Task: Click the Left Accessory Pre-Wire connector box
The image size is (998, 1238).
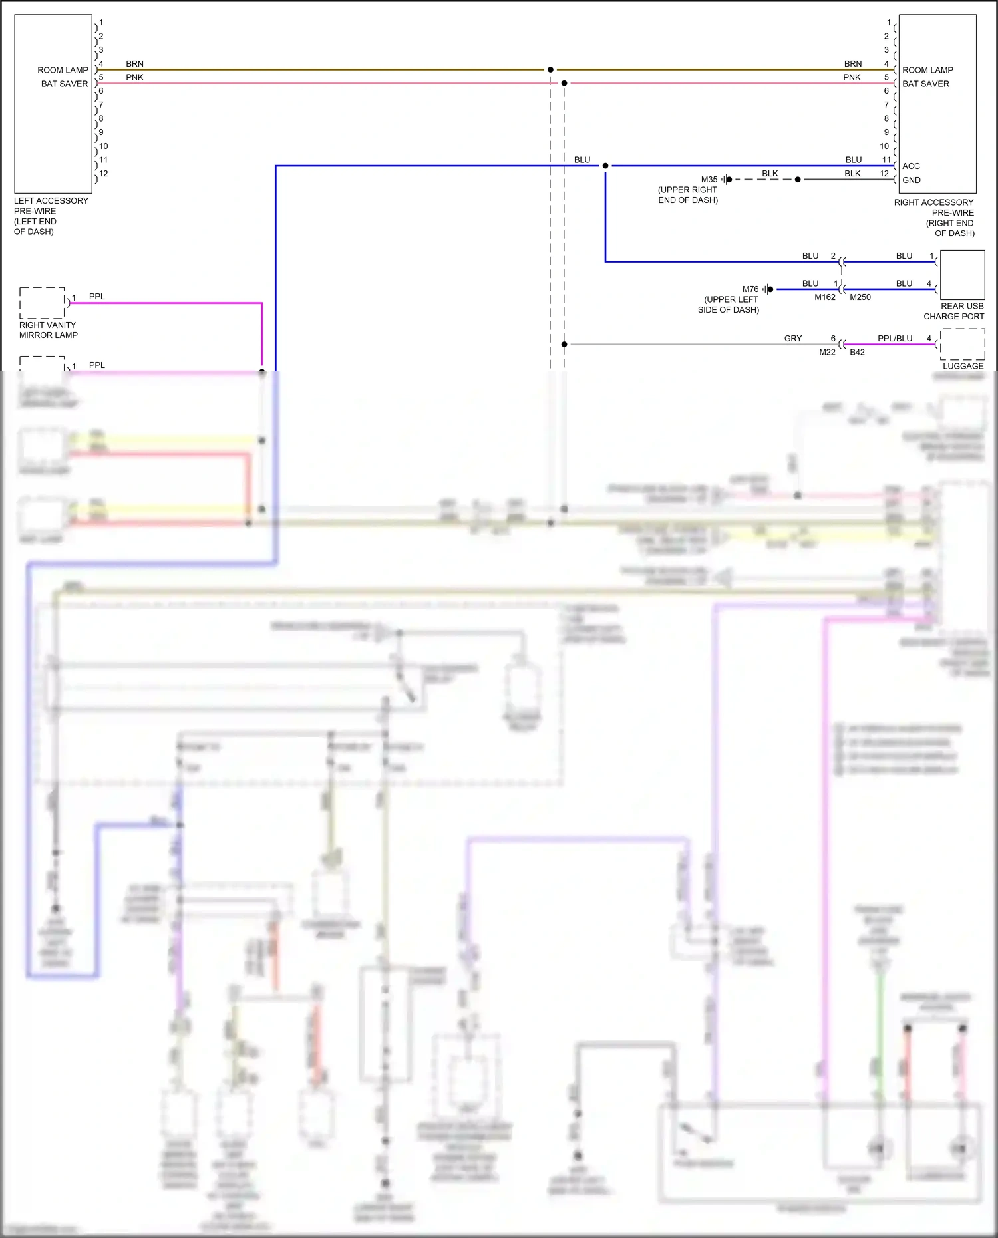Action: pyautogui.click(x=53, y=103)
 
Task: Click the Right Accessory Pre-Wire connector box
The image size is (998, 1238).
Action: pyautogui.click(x=937, y=103)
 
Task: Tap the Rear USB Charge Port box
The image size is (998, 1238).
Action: pyautogui.click(x=961, y=275)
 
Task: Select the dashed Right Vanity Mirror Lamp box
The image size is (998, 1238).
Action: pyautogui.click(x=42, y=303)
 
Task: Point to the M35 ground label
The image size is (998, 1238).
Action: pyautogui.click(x=709, y=180)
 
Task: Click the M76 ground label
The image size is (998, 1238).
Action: pyautogui.click(x=750, y=289)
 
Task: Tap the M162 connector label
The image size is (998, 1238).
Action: pyautogui.click(x=825, y=297)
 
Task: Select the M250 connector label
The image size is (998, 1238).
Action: pyautogui.click(x=860, y=297)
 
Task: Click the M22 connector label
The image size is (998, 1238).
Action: pyautogui.click(x=827, y=352)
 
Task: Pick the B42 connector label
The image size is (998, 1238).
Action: pyautogui.click(x=858, y=352)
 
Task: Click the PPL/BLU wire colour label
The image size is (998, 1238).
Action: pyautogui.click(x=895, y=339)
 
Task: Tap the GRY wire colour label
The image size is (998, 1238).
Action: pyautogui.click(x=793, y=339)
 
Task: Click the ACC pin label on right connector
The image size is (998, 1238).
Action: pyautogui.click(x=911, y=166)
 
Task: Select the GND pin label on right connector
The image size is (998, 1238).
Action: pyautogui.click(x=912, y=180)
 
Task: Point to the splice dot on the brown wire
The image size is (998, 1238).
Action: pyautogui.click(x=550, y=69)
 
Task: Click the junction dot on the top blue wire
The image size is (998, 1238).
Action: pyautogui.click(x=605, y=166)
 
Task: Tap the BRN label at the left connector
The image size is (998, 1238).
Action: pyautogui.click(x=134, y=64)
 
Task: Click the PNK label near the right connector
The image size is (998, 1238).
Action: pyautogui.click(x=852, y=78)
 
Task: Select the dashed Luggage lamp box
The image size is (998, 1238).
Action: pyautogui.click(x=962, y=344)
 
